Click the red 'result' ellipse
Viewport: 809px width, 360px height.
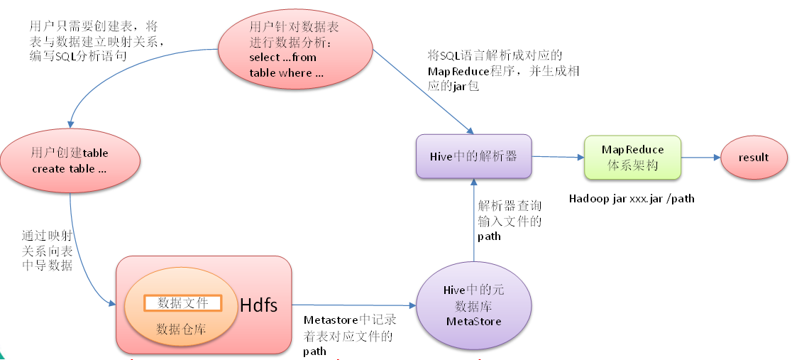(754, 158)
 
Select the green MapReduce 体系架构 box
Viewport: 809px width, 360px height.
(632, 157)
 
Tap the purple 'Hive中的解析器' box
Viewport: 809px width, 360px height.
(473, 156)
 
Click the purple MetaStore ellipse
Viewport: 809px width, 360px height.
(473, 305)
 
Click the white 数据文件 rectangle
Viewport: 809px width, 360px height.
(183, 302)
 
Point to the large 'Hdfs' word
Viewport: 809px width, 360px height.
(259, 305)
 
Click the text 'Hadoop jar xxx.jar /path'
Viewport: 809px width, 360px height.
(632, 199)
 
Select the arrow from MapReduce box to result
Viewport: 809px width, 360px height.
(700, 158)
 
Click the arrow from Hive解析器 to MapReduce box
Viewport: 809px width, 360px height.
(557, 157)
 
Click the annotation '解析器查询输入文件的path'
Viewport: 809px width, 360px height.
(510, 220)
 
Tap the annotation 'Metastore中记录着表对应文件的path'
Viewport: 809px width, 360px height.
(348, 335)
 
